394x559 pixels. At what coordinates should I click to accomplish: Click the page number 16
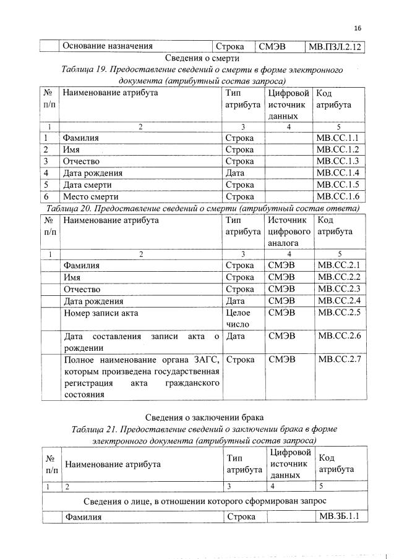pos(357,28)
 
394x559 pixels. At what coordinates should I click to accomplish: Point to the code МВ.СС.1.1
pos(337,138)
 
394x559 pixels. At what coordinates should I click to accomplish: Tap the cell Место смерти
pos(90,196)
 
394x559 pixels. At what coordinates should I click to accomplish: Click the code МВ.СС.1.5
pos(337,184)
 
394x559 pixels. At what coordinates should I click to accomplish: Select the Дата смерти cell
pos(90,184)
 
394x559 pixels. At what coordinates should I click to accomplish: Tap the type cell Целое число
pos(238,318)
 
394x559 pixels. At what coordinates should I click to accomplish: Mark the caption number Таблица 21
pos(94,428)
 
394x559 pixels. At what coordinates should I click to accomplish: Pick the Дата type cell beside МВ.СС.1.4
pos(236,172)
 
